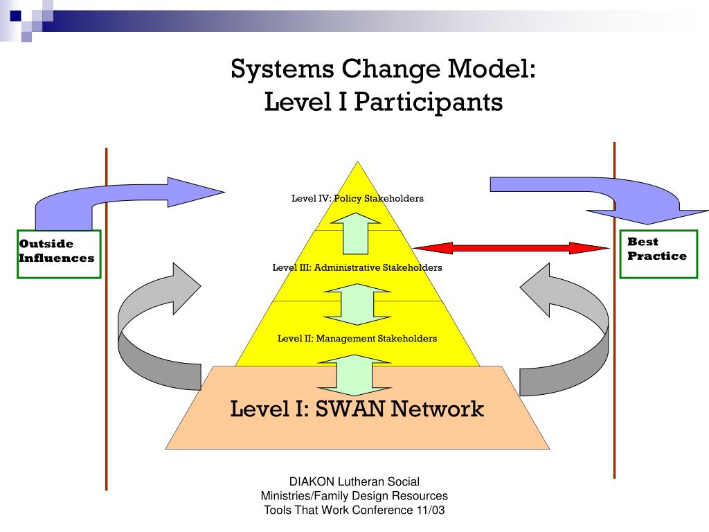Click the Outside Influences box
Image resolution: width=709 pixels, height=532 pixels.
(x=59, y=254)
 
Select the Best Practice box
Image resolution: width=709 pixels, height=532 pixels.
(x=658, y=254)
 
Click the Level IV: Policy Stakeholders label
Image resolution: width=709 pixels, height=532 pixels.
(x=357, y=198)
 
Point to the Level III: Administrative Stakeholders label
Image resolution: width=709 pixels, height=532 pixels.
(x=357, y=267)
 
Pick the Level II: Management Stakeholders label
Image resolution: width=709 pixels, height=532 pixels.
(x=357, y=339)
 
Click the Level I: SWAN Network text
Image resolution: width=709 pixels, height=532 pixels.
(x=357, y=409)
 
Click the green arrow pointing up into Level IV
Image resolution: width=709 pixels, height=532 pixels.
(x=355, y=235)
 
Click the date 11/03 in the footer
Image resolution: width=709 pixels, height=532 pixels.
(x=430, y=511)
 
